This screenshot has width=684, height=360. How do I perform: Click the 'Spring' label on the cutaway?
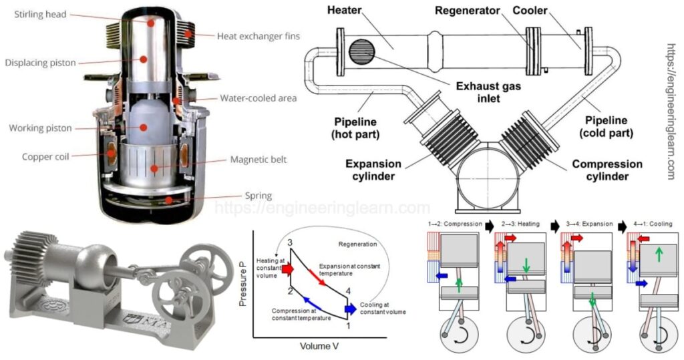(257, 196)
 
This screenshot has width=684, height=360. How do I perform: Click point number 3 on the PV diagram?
(289, 242)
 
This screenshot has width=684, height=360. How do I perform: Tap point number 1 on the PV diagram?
(346, 325)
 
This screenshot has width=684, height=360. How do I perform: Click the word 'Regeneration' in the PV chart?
(358, 245)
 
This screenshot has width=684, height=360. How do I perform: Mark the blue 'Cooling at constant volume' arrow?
(350, 309)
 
